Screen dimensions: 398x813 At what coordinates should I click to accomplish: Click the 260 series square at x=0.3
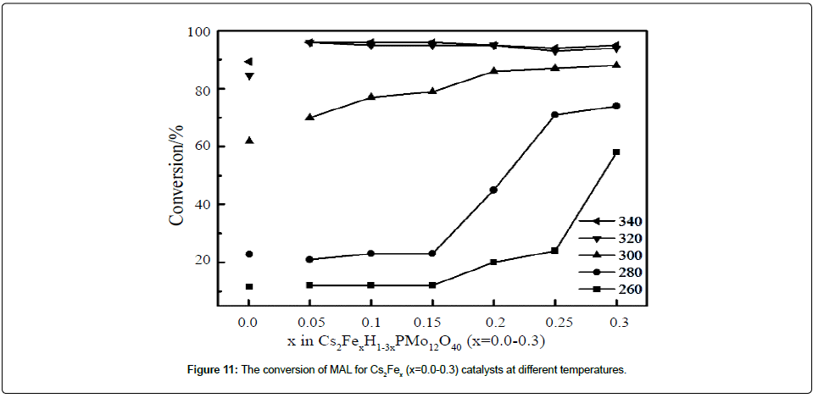click(x=616, y=152)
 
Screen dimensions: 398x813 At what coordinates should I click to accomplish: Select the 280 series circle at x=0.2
click(x=493, y=190)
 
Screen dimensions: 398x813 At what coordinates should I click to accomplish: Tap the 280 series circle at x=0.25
click(x=554, y=115)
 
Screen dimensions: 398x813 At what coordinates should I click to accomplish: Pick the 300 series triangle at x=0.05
click(x=309, y=117)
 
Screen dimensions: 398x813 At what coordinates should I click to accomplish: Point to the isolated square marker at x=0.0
click(x=248, y=287)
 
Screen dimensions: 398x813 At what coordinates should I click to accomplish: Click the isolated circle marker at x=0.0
click(x=248, y=254)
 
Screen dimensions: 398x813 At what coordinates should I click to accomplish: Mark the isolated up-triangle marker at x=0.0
click(x=248, y=140)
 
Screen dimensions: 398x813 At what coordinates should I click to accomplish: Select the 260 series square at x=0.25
click(x=554, y=251)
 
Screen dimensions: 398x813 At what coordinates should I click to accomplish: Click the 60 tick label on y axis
click(x=202, y=146)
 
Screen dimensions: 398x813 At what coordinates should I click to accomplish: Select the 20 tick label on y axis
click(x=202, y=262)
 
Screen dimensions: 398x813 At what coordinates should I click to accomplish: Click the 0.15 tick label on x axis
click(x=432, y=323)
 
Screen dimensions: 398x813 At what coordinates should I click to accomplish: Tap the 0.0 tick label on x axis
click(x=248, y=323)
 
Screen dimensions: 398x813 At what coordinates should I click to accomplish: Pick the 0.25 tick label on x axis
click(x=554, y=323)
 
